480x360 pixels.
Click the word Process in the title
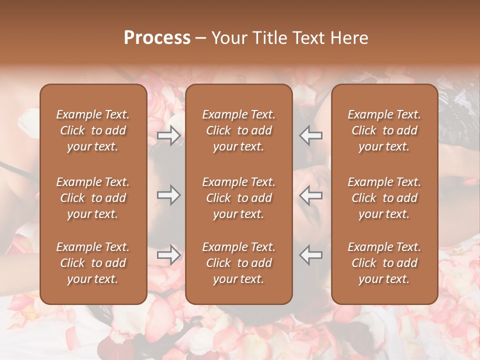click(x=157, y=38)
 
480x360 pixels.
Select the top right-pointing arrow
click(x=168, y=135)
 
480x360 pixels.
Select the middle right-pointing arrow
click(x=168, y=195)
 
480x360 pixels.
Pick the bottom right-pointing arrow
click(x=168, y=255)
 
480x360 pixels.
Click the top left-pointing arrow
click(x=311, y=135)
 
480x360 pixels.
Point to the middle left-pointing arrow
click(x=311, y=195)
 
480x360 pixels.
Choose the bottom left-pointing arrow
click(x=311, y=255)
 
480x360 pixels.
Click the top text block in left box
click(x=93, y=130)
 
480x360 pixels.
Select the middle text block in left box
click(x=93, y=198)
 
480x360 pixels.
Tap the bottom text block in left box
click(x=93, y=263)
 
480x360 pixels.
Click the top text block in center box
click(x=239, y=130)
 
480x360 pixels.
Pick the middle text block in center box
click(x=239, y=198)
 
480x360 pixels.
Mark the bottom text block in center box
click(x=239, y=263)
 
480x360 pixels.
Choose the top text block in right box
click(x=384, y=130)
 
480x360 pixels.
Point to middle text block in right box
click(x=384, y=198)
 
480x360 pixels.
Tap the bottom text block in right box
click(x=384, y=263)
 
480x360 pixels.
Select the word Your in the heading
click(x=227, y=38)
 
